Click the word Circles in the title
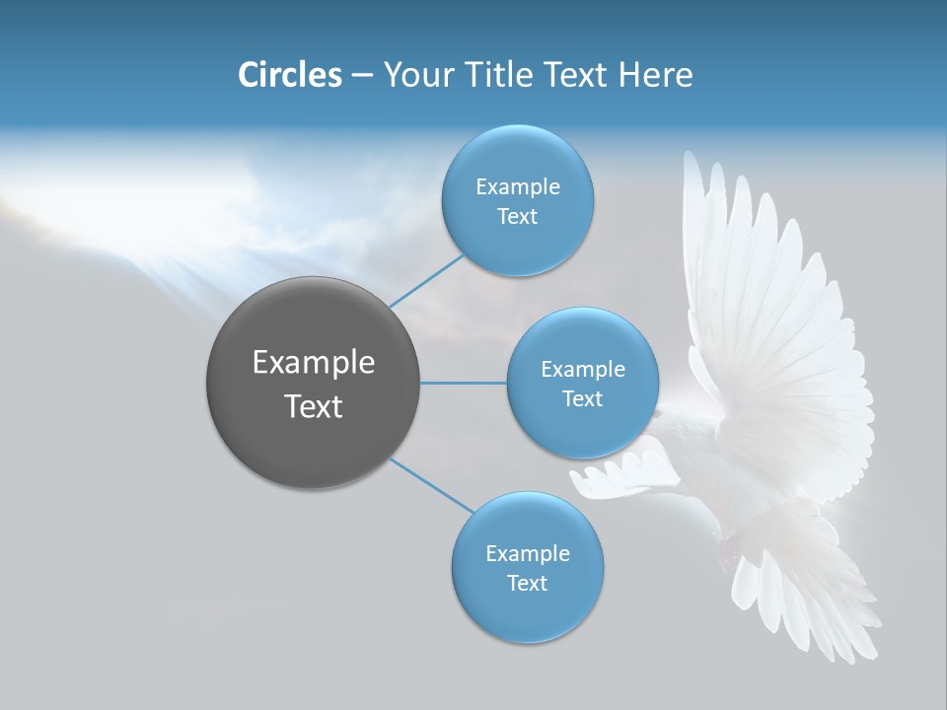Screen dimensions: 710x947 [289, 74]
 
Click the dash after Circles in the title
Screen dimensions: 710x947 [362, 76]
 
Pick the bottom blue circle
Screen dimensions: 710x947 [527, 611]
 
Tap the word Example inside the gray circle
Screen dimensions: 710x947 [313, 363]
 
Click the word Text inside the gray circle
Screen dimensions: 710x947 [313, 406]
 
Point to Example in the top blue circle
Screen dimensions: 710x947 [517, 187]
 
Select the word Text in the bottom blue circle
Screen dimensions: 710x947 [527, 583]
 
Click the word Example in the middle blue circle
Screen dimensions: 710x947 [582, 370]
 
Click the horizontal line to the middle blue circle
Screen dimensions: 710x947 [463, 383]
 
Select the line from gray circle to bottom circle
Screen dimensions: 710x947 [431, 484]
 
